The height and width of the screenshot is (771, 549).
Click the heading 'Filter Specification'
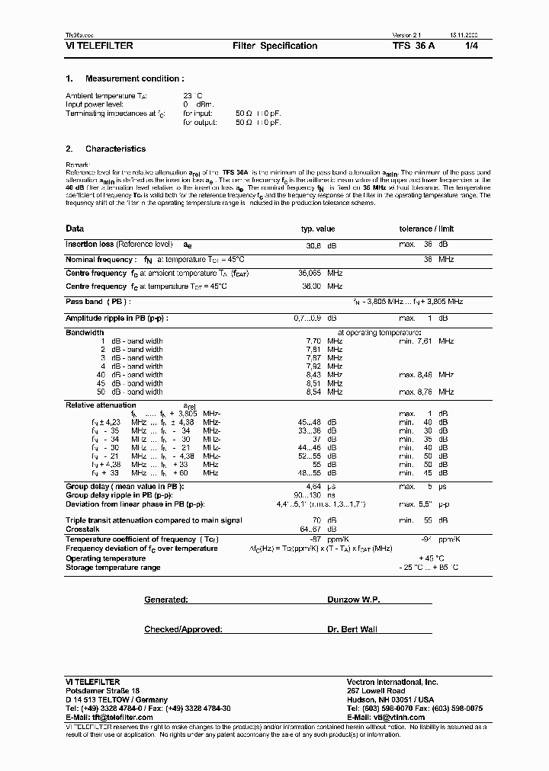(x=274, y=46)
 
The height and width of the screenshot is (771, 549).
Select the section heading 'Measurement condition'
(x=134, y=78)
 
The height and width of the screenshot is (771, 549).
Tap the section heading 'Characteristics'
(x=115, y=149)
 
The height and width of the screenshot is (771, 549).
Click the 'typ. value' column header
(x=317, y=229)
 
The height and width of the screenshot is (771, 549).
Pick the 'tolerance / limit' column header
(x=426, y=229)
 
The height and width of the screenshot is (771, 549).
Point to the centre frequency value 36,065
(x=309, y=273)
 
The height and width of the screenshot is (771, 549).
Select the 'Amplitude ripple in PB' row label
(x=117, y=318)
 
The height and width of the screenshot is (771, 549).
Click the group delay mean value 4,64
(x=314, y=486)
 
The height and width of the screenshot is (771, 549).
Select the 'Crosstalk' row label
(x=82, y=528)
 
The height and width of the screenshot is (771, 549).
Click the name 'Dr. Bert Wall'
(x=352, y=629)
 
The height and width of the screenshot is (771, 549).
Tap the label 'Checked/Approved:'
(x=183, y=629)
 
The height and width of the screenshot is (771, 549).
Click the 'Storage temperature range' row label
(x=113, y=567)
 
